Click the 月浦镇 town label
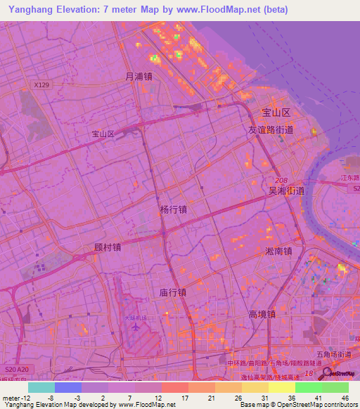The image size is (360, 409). (139, 77)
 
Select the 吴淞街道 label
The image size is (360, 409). (286, 190)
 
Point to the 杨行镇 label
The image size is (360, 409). (173, 209)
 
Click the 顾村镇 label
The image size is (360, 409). (108, 247)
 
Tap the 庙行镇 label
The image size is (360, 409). (172, 292)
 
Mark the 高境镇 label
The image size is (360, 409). (262, 314)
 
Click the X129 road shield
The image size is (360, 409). (42, 85)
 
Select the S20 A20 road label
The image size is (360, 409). (17, 369)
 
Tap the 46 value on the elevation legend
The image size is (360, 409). (346, 398)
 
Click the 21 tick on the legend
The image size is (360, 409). (211, 398)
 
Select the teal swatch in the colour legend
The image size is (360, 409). (41, 387)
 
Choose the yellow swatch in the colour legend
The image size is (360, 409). (281, 387)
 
